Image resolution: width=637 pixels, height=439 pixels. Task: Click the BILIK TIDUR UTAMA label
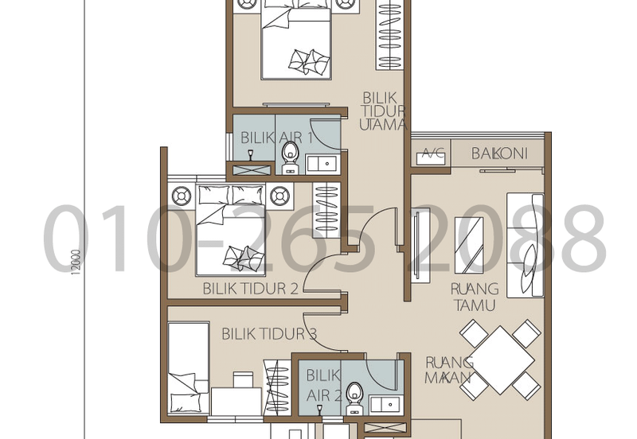click(384, 111)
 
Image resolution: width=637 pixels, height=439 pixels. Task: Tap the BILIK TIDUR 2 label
click(250, 288)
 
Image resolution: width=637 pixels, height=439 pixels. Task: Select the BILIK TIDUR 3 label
click(268, 334)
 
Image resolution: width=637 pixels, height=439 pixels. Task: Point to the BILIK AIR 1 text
click(276, 138)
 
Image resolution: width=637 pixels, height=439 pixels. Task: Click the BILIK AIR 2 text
click(323, 384)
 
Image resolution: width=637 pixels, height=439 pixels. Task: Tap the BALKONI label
click(499, 153)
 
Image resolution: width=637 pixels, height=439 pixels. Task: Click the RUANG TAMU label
click(474, 297)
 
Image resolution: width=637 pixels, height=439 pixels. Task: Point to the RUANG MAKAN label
click(449, 370)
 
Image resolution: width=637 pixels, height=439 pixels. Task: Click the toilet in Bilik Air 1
click(291, 157)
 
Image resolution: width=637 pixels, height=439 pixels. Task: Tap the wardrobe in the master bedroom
click(389, 36)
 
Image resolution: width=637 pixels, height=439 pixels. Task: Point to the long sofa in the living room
click(525, 244)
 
